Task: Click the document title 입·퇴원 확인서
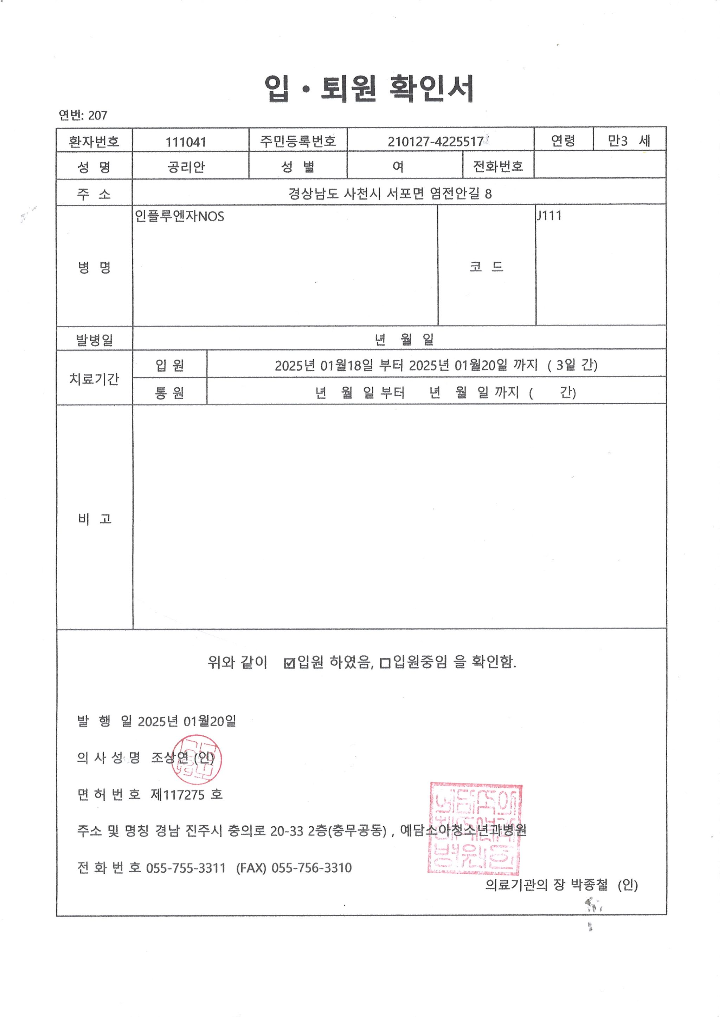pyautogui.click(x=369, y=88)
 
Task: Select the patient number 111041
pyautogui.click(x=186, y=142)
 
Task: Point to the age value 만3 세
pyautogui.click(x=628, y=141)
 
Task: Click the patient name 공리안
pyautogui.click(x=186, y=167)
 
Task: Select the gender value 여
pyautogui.click(x=398, y=166)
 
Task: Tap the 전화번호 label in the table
pyautogui.click(x=498, y=166)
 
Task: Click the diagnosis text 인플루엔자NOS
pyautogui.click(x=180, y=217)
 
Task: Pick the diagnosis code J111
pyautogui.click(x=549, y=216)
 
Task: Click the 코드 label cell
pyautogui.click(x=486, y=266)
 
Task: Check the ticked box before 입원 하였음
pyautogui.click(x=289, y=663)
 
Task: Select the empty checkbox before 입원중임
pyautogui.click(x=385, y=663)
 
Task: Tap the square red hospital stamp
pyautogui.click(x=475, y=829)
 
